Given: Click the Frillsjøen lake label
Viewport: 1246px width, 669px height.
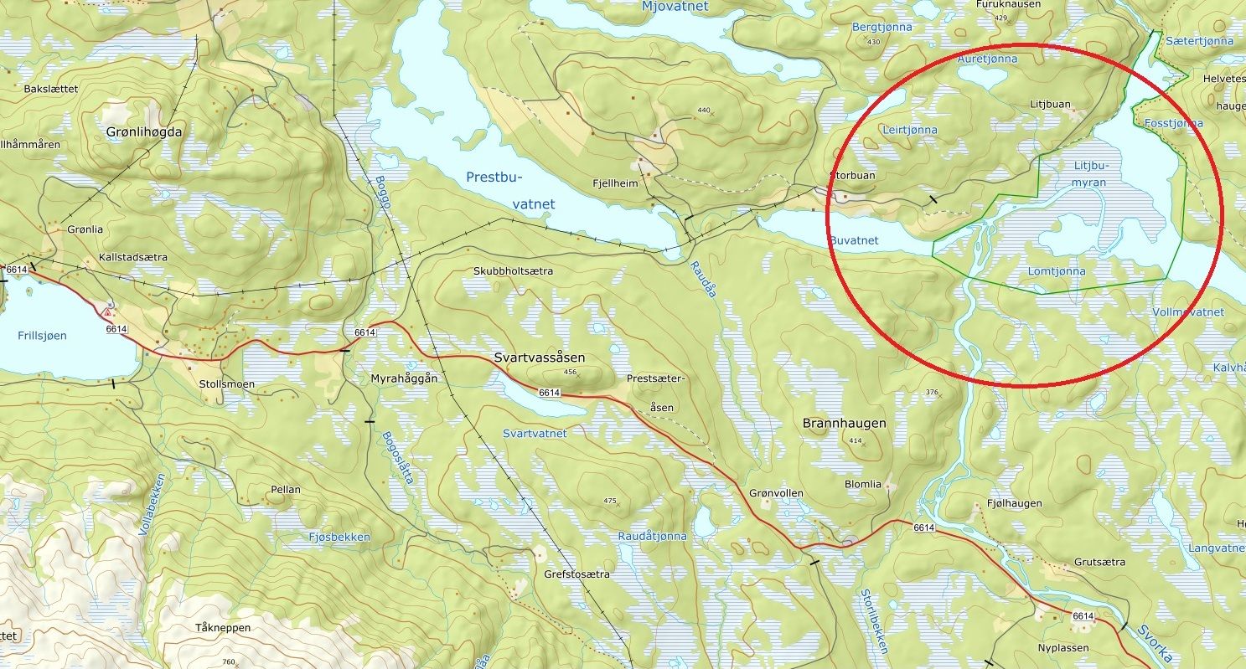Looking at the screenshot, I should click(x=41, y=335).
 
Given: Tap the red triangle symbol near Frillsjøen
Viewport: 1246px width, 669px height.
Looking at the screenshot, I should click(x=106, y=311).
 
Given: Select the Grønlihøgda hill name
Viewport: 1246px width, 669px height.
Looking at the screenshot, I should click(x=143, y=131).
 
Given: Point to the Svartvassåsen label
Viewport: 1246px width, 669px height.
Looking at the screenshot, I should click(x=539, y=358).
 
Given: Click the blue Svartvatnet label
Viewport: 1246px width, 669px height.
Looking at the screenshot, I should click(x=535, y=433).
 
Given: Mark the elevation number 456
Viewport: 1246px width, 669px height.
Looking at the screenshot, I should click(x=571, y=372).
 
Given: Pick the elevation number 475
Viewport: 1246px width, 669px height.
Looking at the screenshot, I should click(x=609, y=501).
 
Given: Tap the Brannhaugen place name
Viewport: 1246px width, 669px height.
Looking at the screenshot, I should click(x=844, y=424).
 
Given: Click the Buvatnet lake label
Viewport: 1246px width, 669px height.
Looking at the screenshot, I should click(x=854, y=240).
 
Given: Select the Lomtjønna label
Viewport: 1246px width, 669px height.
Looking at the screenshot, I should click(x=1056, y=271).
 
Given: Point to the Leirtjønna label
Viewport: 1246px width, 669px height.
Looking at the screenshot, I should click(x=909, y=130).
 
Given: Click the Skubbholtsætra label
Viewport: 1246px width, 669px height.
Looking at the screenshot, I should click(x=513, y=271).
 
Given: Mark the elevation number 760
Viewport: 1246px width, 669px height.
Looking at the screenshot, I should click(x=228, y=662).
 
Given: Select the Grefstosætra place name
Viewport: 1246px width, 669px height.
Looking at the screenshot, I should click(x=576, y=574).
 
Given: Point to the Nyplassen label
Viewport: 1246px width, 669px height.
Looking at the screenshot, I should click(x=1062, y=648).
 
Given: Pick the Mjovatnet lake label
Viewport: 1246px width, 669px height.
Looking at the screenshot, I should click(x=674, y=7).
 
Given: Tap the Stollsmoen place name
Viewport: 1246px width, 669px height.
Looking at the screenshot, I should click(x=226, y=384).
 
